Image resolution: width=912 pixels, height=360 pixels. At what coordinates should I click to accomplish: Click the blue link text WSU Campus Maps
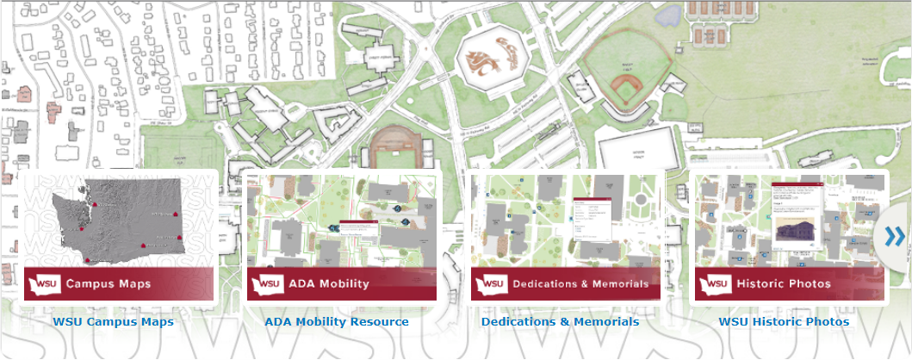coord(113,322)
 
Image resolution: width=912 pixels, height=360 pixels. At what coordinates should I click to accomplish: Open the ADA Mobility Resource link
coord(337,322)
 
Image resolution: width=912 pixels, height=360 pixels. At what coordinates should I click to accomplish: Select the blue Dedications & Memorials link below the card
coord(560,322)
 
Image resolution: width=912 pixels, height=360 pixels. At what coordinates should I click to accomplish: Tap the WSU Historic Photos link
coord(784,322)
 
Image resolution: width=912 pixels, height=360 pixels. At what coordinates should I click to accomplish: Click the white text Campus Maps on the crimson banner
coord(109,283)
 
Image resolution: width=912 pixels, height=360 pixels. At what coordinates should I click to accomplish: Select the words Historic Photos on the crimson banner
coord(784,283)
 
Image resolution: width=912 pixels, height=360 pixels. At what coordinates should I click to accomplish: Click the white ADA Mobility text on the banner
coord(329,283)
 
